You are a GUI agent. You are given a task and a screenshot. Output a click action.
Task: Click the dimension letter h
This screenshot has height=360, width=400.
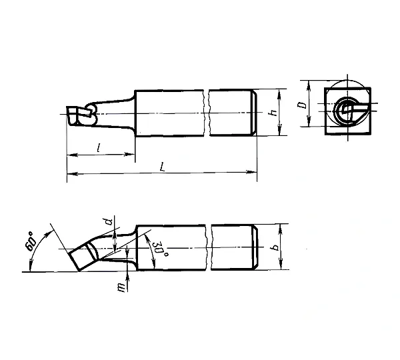click(x=274, y=113)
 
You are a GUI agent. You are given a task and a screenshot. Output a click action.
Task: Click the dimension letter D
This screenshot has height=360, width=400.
click(x=303, y=105)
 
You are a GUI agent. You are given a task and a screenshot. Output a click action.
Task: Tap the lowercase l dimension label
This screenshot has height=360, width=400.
click(x=99, y=147)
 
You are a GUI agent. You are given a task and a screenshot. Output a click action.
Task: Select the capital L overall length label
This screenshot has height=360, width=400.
click(x=162, y=167)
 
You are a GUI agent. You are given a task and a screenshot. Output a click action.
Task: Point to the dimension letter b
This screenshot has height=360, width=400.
click(x=275, y=247)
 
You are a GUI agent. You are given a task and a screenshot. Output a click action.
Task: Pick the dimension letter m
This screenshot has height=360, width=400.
click(x=123, y=288)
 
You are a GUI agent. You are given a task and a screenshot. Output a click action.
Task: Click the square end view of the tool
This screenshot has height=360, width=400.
click(x=348, y=111)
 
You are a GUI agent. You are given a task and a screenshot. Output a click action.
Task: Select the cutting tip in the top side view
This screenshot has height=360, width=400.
click(x=81, y=115)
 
